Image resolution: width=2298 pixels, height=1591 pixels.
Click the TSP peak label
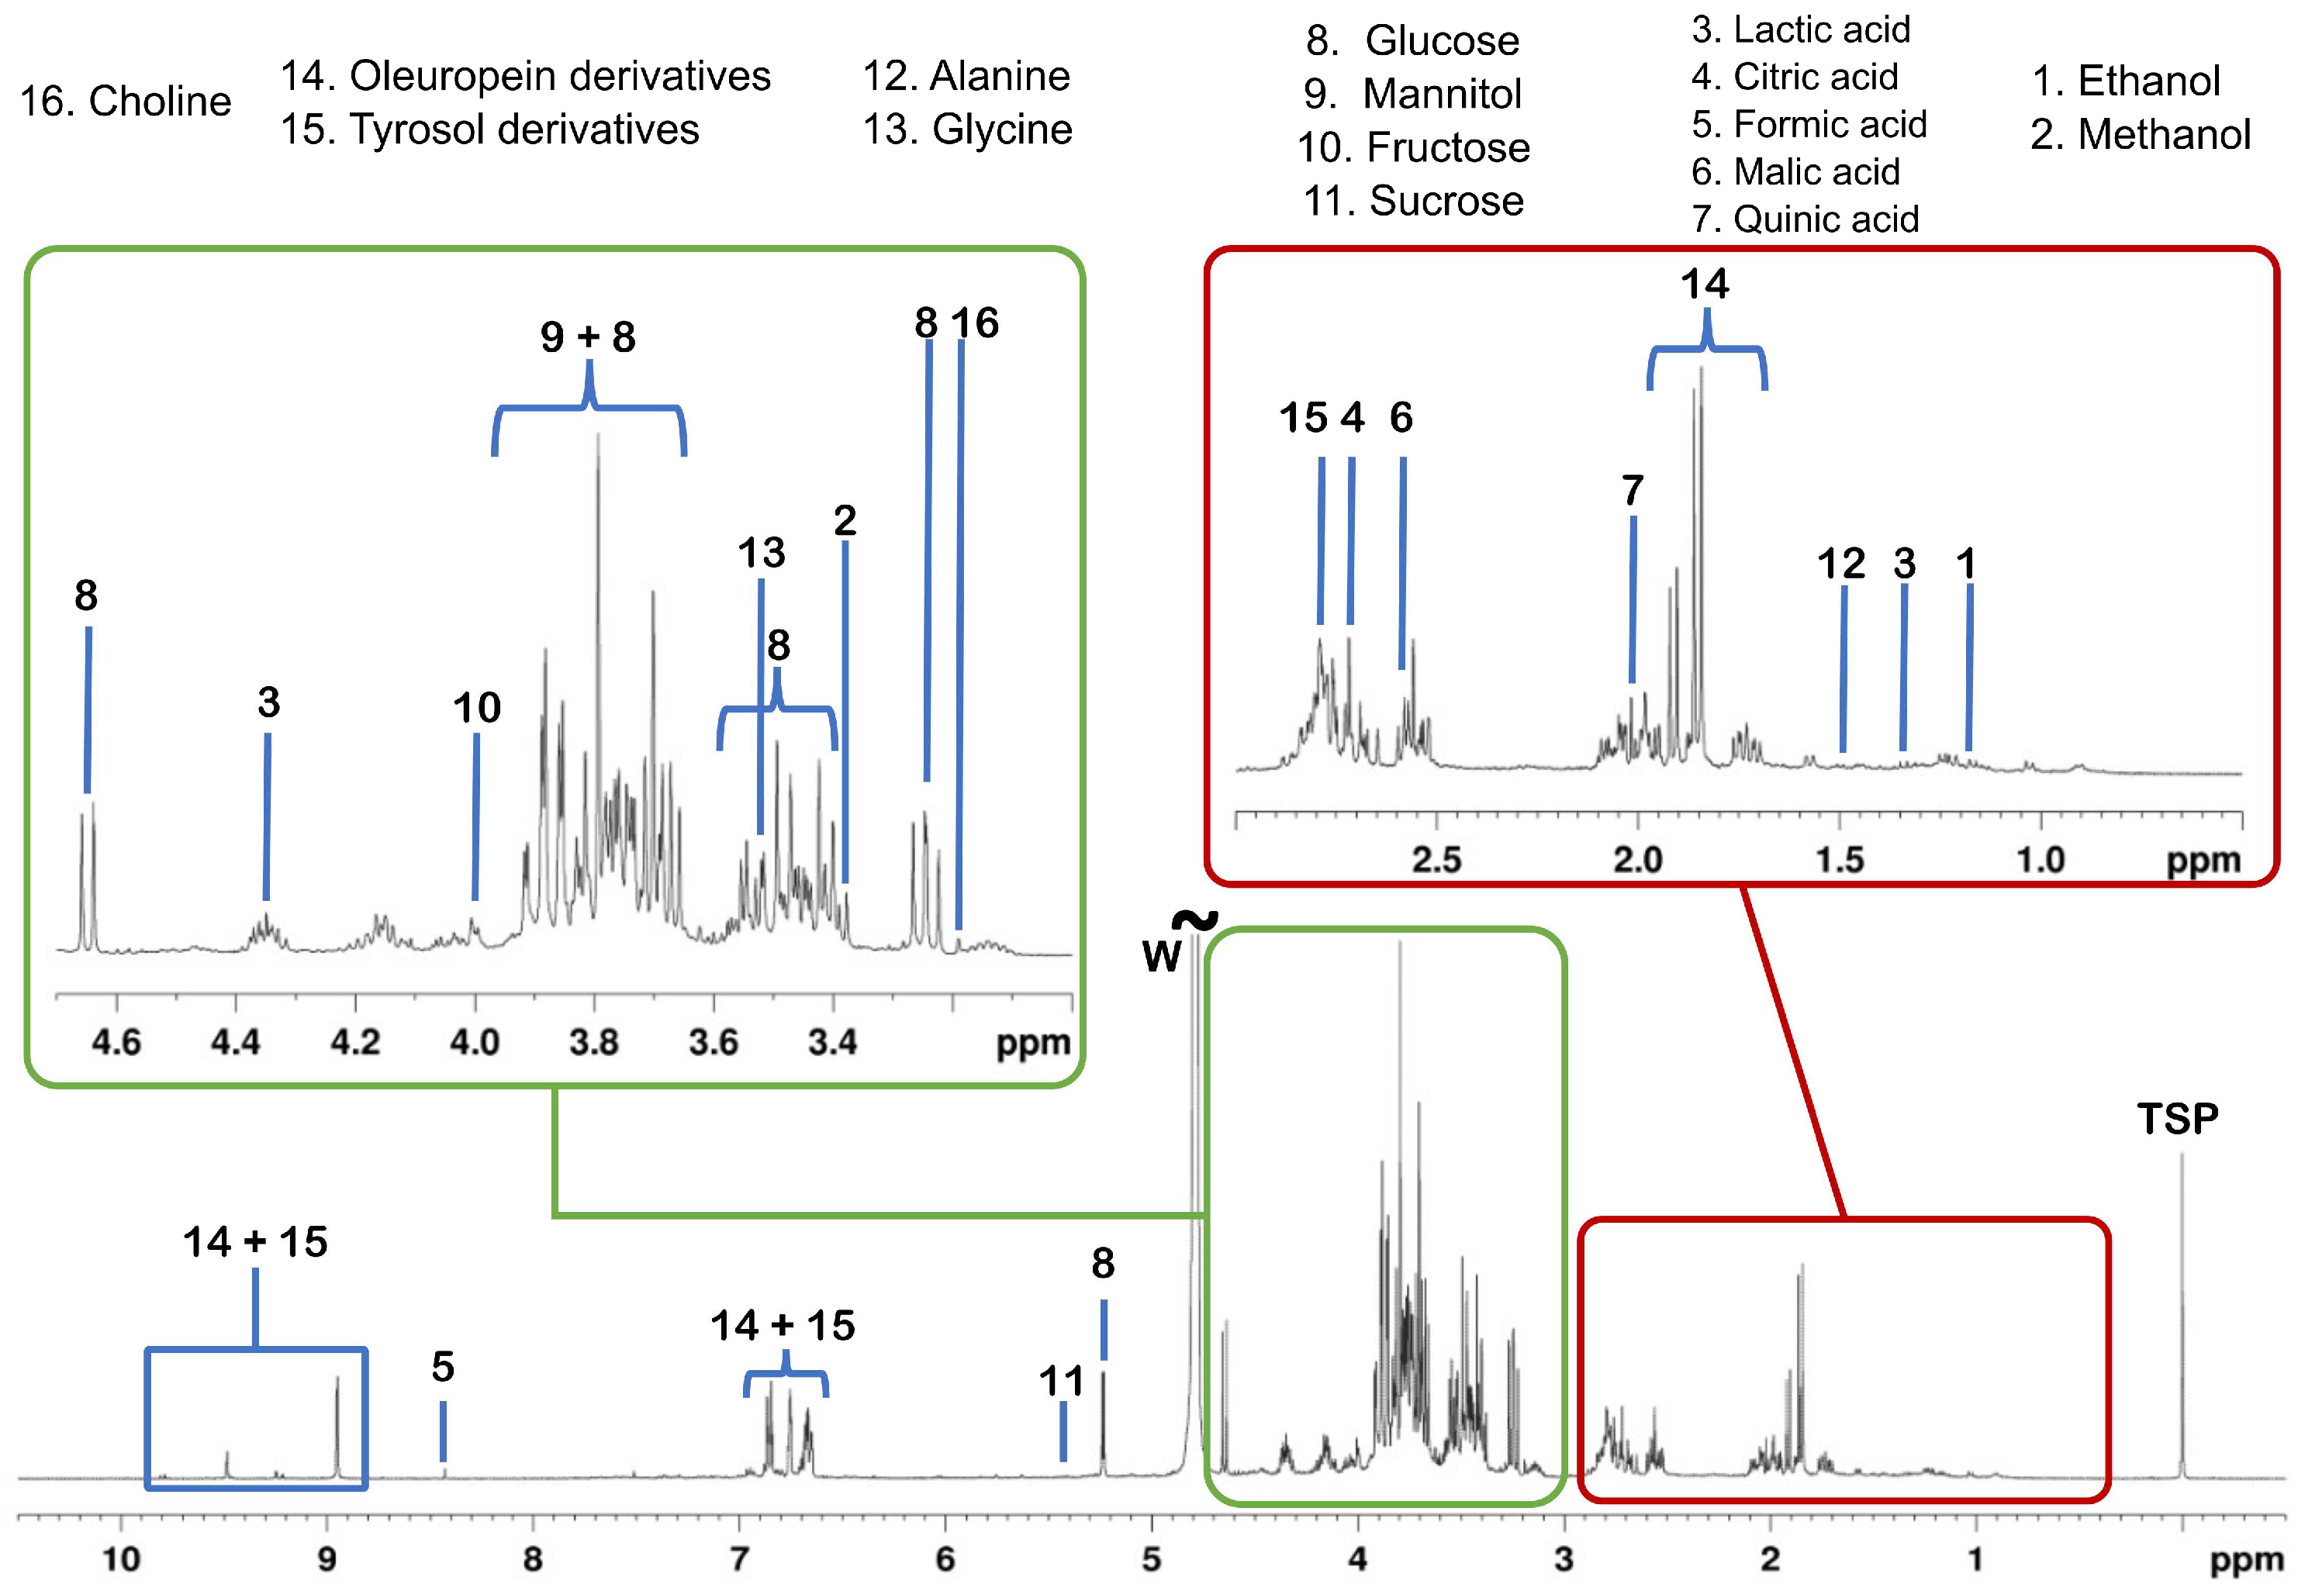(2177, 1120)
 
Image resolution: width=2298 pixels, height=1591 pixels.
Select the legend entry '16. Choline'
(126, 101)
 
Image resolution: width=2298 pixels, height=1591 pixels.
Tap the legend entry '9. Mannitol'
(1413, 94)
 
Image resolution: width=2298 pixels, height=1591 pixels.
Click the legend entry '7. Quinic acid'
(1805, 219)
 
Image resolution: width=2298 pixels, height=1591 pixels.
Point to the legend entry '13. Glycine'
(967, 129)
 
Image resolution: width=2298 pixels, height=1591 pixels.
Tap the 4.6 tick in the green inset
(116, 1043)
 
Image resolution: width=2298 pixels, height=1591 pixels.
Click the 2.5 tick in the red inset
(1436, 859)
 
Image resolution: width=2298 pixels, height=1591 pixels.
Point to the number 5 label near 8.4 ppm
(443, 1367)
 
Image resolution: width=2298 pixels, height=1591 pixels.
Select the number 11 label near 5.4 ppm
(1061, 1382)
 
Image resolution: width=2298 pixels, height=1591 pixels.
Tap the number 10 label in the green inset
(476, 708)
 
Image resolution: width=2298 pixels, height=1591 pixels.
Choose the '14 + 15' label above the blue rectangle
(255, 1242)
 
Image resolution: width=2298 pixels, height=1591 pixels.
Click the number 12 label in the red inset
(1841, 564)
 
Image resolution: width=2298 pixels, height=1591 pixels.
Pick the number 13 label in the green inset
(762, 552)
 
